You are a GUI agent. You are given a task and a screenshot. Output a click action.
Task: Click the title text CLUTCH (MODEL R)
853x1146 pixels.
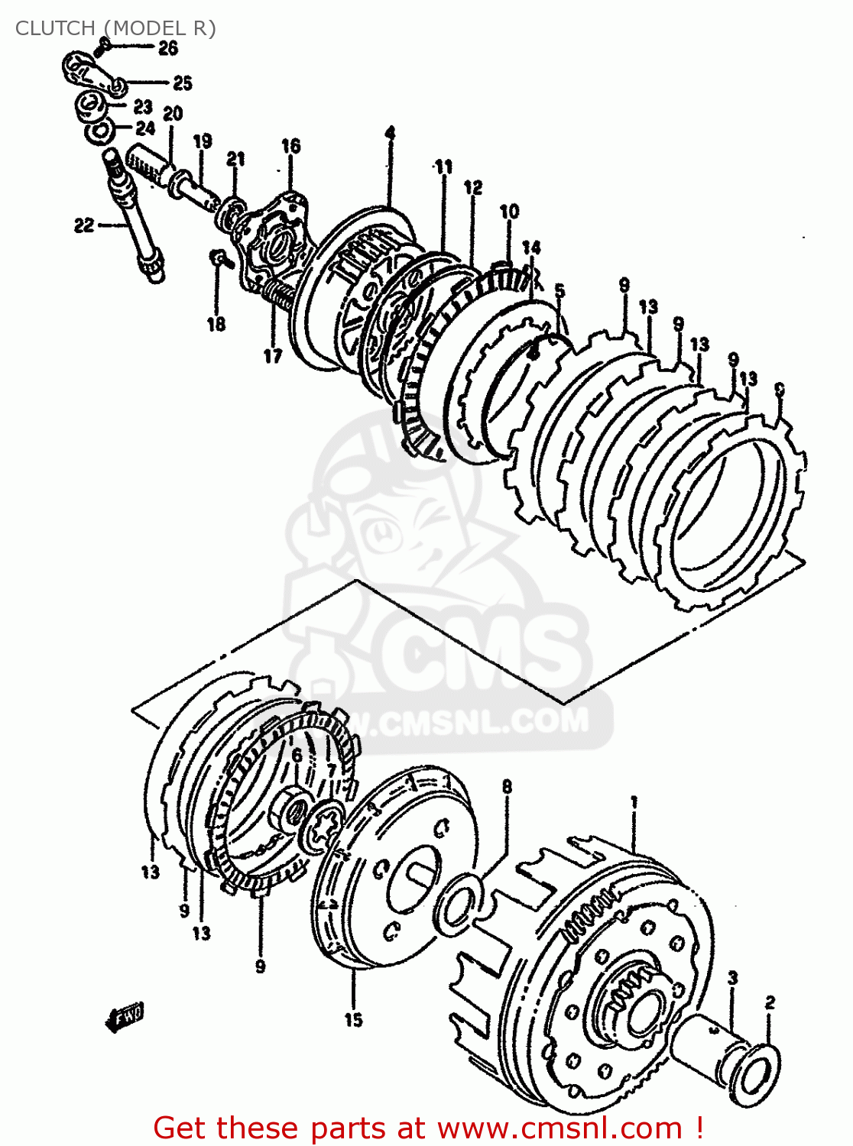coord(115,28)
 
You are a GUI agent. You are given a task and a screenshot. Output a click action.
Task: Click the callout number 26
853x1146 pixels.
coord(168,48)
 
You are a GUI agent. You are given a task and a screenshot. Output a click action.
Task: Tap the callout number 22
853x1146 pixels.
coord(84,225)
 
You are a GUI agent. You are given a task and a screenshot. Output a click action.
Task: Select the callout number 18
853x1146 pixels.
coord(216,323)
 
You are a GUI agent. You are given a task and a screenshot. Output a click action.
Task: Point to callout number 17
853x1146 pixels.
coord(273,355)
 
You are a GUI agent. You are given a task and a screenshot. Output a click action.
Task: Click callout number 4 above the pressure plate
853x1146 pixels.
coord(390,134)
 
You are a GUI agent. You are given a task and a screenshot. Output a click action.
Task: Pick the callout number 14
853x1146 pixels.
coord(531,247)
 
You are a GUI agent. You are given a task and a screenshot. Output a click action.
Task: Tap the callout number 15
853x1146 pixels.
coord(353,1019)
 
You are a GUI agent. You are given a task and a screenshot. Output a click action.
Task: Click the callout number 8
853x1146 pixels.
coord(506,786)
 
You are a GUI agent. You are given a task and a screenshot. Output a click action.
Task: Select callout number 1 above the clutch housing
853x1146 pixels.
coord(634,801)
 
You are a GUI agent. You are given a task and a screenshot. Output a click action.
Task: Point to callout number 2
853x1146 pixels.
coord(770,1002)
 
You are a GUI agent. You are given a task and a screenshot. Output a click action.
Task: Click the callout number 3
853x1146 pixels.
coord(732,978)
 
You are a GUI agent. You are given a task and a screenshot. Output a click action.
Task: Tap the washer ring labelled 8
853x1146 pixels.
coord(459,905)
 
